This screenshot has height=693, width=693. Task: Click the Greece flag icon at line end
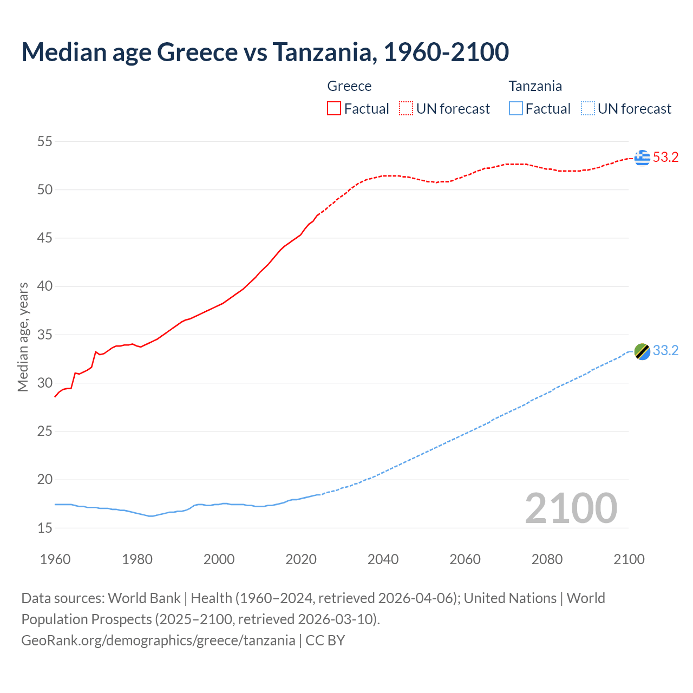642,158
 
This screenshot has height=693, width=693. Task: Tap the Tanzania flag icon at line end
642,351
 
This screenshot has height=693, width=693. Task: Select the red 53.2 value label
665,158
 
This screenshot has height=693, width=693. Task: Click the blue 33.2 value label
665,351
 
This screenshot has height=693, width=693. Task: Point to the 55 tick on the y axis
45,142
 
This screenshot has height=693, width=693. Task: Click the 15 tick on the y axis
45,528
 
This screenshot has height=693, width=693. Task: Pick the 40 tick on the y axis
45,286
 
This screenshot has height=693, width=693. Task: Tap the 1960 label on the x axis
55,559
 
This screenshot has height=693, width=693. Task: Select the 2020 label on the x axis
301,559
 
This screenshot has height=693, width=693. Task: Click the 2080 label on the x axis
547,559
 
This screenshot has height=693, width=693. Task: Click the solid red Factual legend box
334,109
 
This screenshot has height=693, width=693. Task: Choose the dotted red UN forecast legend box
406,109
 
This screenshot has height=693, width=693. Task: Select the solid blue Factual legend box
516,109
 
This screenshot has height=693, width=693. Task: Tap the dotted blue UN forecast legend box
587,109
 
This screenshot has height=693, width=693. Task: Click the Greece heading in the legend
349,86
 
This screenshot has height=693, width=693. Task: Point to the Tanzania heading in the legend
535,86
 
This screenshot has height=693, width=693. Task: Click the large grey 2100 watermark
571,508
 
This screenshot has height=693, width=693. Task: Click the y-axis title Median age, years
23,337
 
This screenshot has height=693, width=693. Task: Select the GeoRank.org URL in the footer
158,640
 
